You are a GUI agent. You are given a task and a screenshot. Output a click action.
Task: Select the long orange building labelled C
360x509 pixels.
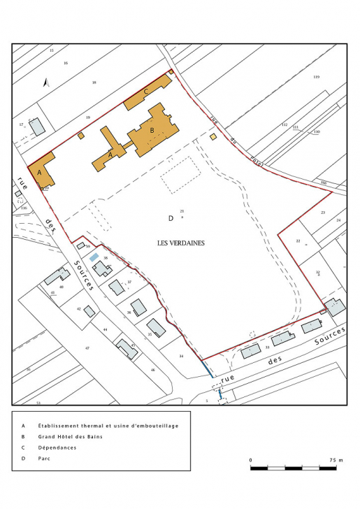coord(147,92)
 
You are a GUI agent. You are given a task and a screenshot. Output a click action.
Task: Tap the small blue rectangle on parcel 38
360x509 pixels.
coord(94,257)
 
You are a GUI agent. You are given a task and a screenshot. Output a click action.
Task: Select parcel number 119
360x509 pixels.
coord(316,76)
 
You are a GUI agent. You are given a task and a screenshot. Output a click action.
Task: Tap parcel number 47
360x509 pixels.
coord(88,347)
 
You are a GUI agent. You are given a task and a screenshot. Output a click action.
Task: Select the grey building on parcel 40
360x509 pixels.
coord(55,277)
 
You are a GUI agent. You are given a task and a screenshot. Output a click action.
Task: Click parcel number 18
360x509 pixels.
coord(94,83)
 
